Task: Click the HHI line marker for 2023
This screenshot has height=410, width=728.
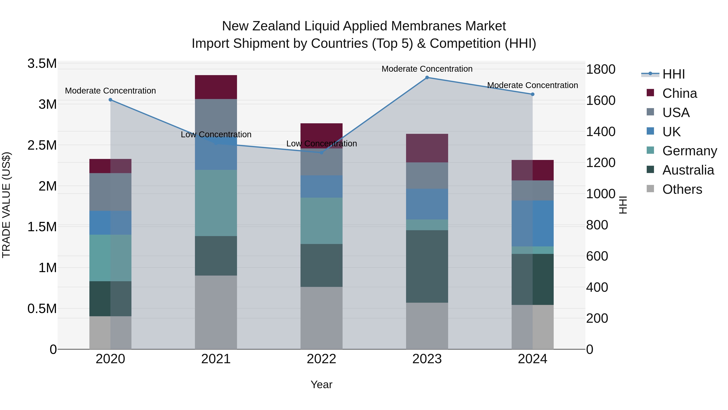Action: (427, 78)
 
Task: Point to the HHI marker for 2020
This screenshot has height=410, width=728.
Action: (110, 100)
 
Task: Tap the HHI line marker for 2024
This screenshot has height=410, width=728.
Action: (532, 94)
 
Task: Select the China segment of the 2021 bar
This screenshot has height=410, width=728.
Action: (216, 87)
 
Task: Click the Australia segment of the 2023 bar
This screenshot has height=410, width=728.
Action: (427, 266)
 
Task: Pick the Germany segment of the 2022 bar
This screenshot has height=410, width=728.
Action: (321, 221)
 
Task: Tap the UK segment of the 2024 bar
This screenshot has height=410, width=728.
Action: (532, 224)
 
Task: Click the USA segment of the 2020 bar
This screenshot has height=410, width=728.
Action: (110, 192)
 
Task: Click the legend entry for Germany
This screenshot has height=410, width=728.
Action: (690, 151)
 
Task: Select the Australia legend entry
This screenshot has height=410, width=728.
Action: (688, 170)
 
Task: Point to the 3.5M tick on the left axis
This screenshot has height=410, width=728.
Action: (42, 64)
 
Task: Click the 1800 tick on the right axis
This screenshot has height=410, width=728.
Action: (601, 69)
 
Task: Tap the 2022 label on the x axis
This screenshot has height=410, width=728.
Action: (321, 359)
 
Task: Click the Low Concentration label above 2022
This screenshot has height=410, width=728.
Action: (321, 144)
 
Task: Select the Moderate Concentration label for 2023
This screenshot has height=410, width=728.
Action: (427, 69)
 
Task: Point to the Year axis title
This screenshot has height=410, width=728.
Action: (321, 384)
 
